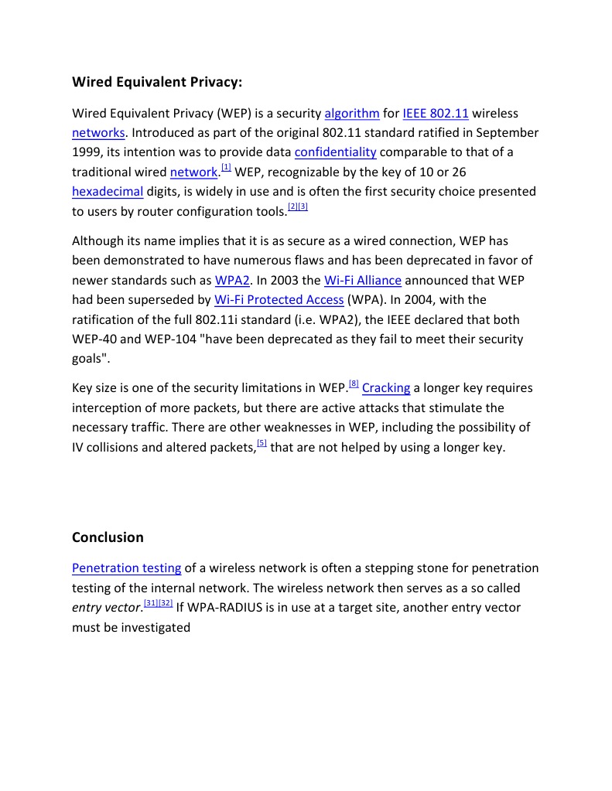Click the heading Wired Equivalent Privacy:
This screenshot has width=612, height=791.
coord(157,82)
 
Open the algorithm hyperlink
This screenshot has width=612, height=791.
coord(352,114)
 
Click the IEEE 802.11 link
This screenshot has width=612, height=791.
coord(436,114)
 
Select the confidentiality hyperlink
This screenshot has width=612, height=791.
coord(335,152)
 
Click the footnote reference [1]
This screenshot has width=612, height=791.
coord(226,167)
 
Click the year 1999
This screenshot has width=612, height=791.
coord(87,152)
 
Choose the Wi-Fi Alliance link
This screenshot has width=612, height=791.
coord(363,281)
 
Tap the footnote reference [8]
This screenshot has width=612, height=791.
coord(354,384)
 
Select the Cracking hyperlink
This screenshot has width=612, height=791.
coord(386,388)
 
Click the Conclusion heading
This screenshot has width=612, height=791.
coord(108,537)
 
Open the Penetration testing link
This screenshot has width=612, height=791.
coord(126,568)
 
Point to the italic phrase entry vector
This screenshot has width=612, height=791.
coord(106,608)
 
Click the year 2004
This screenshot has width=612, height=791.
coord(431,300)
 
